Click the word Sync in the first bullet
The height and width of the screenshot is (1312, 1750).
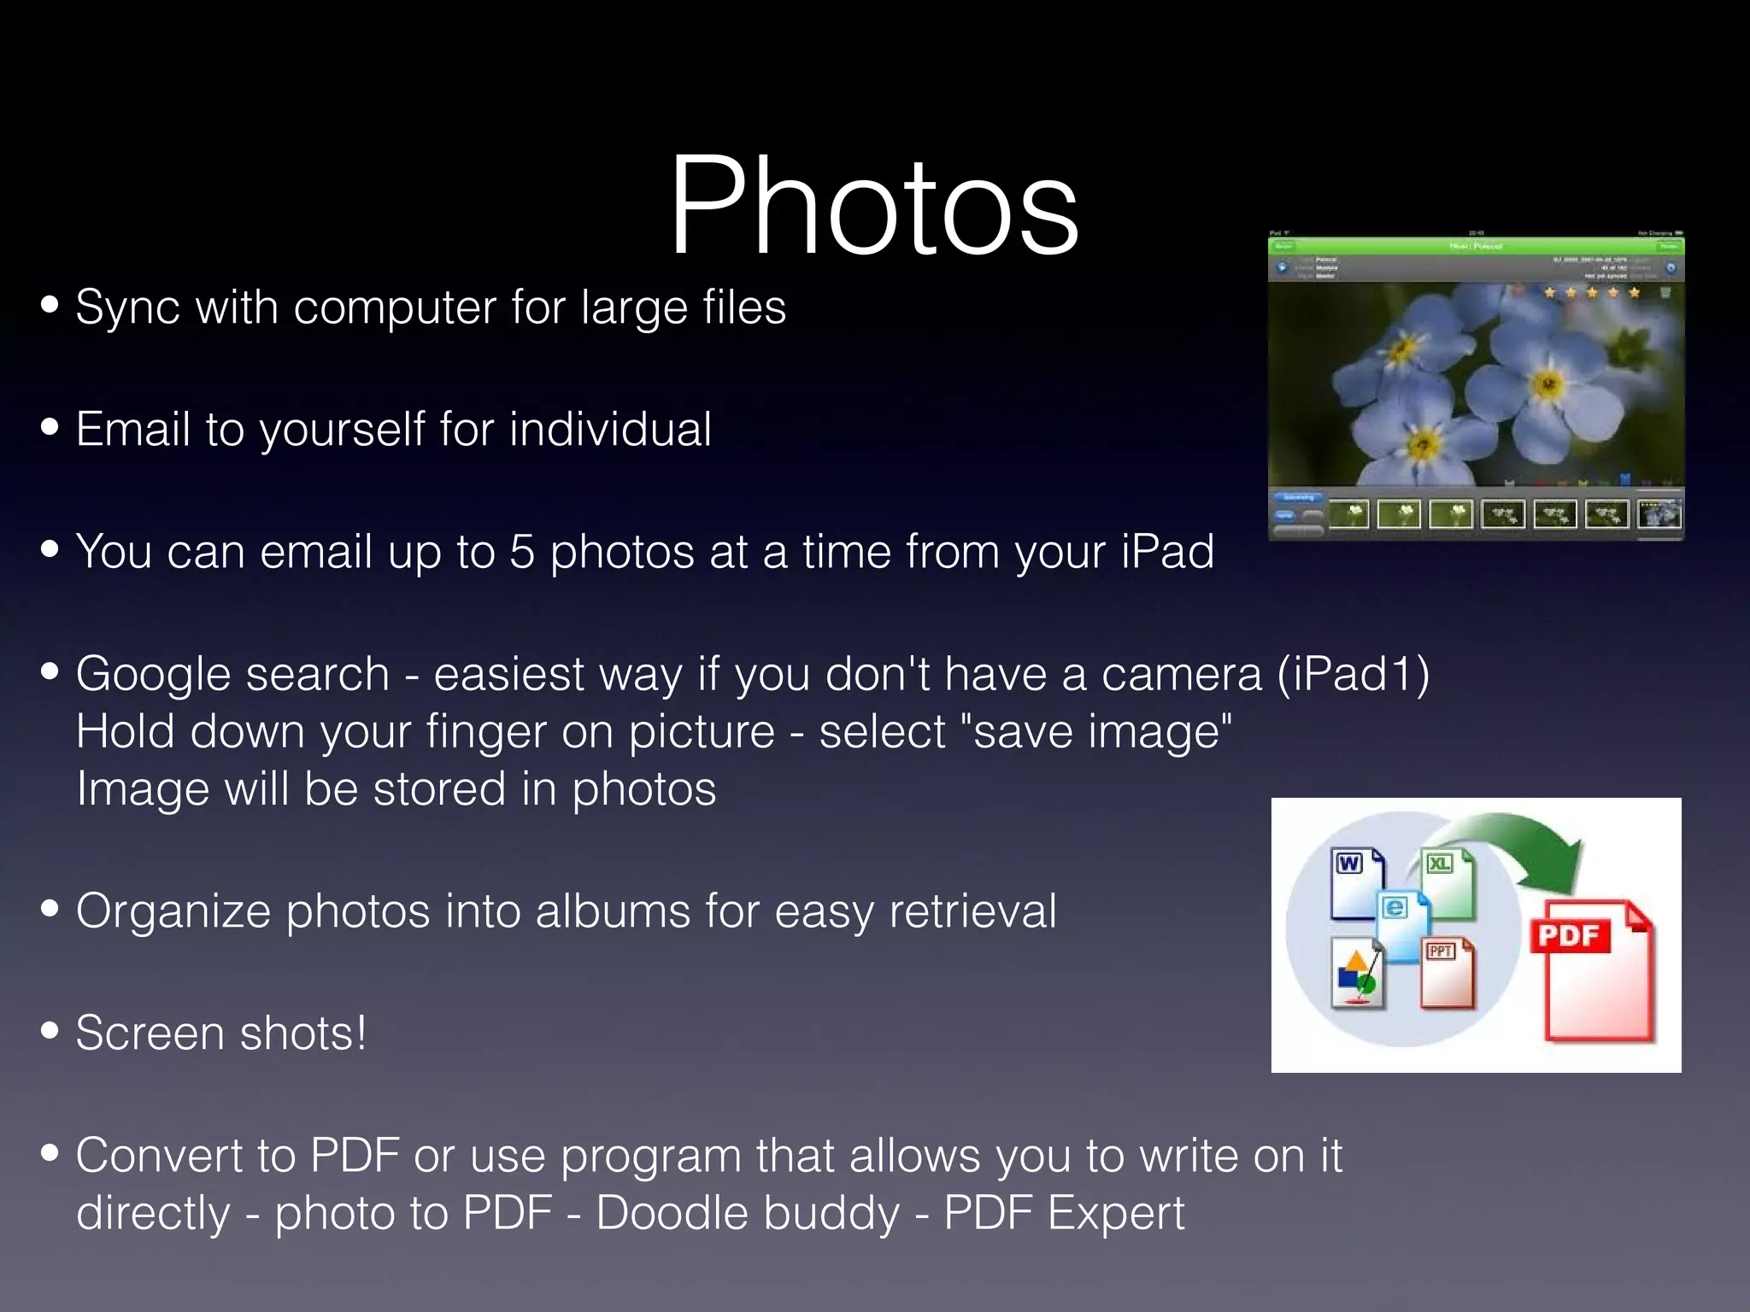[x=127, y=307]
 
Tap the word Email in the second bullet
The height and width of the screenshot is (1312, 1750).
[x=132, y=429]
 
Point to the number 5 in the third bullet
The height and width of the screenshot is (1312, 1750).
[x=522, y=552]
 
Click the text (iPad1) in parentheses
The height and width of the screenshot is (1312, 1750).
[x=1353, y=674]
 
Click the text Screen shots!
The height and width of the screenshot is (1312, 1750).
[x=220, y=1034]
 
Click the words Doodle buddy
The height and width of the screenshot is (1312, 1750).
[x=748, y=1213]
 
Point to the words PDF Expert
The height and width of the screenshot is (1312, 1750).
[x=1064, y=1213]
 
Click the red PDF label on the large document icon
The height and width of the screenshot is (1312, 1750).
[x=1569, y=935]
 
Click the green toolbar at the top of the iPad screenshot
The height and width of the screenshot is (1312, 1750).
[x=1476, y=246]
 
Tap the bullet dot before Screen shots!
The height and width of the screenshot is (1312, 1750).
[x=50, y=1031]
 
